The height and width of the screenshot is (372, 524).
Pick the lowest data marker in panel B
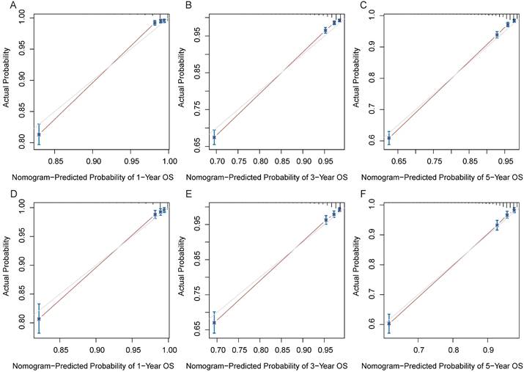tap(214, 137)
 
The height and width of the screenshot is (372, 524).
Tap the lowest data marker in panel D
tap(39, 319)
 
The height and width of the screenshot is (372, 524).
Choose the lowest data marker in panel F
tap(389, 323)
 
